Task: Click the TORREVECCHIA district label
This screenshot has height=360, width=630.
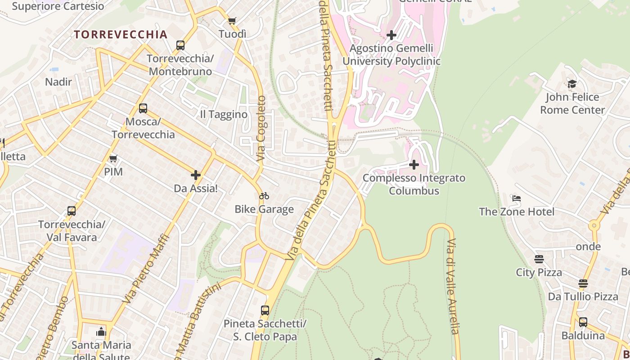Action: [x=121, y=35]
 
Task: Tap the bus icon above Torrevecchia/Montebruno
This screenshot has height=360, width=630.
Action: [x=180, y=45]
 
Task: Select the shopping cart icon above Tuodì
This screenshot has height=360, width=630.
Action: [x=232, y=21]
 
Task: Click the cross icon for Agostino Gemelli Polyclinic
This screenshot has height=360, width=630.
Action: [x=391, y=35]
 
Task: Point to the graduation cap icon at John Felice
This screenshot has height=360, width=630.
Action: [x=572, y=84]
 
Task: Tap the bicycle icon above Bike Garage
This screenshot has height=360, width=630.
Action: [x=264, y=196]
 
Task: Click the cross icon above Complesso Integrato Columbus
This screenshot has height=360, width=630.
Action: [x=414, y=165]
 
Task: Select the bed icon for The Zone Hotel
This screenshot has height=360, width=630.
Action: [x=517, y=198]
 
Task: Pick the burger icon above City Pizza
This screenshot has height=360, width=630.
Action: [x=539, y=259]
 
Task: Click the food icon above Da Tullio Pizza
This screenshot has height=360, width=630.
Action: [x=583, y=283]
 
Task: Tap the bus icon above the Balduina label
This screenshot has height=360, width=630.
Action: [x=583, y=322]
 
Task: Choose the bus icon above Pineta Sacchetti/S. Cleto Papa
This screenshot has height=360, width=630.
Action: [x=265, y=310]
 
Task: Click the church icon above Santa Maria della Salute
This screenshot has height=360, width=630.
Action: [x=101, y=332]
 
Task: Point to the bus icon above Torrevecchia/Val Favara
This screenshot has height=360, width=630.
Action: [x=71, y=211]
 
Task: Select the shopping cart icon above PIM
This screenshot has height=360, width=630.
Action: [x=113, y=158]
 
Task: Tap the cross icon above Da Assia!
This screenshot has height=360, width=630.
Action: [x=196, y=175]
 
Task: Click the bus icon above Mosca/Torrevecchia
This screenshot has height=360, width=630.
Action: [x=143, y=108]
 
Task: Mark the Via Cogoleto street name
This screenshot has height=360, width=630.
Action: [x=261, y=129]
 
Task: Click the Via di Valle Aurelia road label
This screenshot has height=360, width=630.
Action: [x=453, y=286]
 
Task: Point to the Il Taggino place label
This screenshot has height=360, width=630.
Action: [x=224, y=114]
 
